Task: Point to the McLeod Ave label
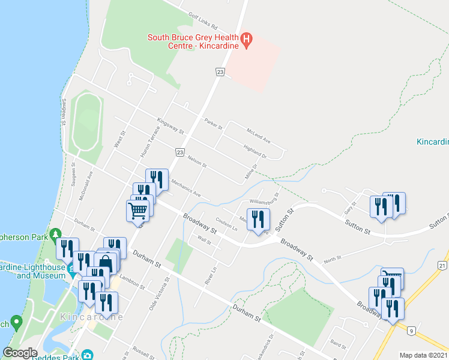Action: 258,135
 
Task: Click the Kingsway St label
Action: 170,125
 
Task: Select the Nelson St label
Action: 197,162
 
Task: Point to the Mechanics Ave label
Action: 185,187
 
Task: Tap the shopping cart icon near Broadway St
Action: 137,211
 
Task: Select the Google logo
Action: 20,353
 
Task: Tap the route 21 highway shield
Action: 443,265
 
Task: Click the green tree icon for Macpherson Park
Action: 56,233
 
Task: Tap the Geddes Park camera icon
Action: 88,355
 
